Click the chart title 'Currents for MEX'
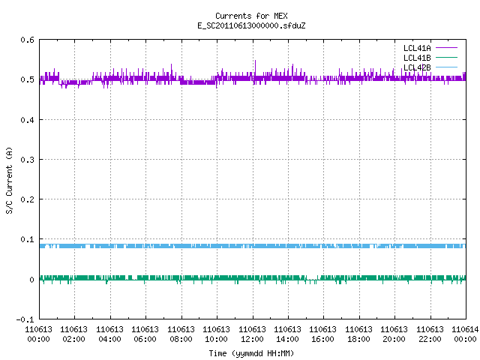[251, 16]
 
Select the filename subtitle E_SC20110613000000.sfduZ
[251, 25]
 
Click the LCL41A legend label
[417, 48]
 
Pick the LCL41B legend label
[417, 58]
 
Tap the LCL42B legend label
[417, 67]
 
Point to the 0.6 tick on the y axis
[28, 40]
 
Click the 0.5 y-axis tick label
[28, 79]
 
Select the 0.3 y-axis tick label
[28, 160]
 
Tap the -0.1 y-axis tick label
[25, 319]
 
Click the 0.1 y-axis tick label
[28, 239]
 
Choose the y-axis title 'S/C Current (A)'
[10, 181]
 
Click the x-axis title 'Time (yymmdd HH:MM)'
[251, 353]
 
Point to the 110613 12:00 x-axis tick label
[252, 334]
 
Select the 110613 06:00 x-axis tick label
[145, 334]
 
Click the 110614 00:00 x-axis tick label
[465, 334]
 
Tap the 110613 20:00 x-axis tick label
[394, 334]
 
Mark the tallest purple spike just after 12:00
[255, 61]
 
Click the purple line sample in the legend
[446, 48]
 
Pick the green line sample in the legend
[446, 58]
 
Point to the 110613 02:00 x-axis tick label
[73, 334]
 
